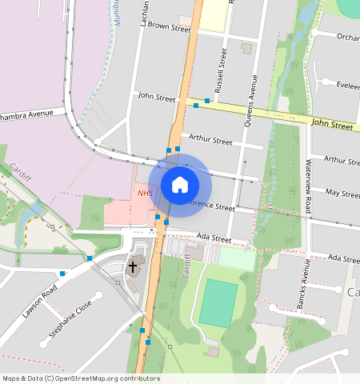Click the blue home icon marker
pyautogui.click(x=180, y=185)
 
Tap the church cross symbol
pyautogui.click(x=133, y=266)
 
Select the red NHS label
pyautogui.click(x=145, y=194)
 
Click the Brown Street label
pyautogui.click(x=169, y=26)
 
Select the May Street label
pyautogui.click(x=342, y=194)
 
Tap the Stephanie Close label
pyautogui.click(x=75, y=315)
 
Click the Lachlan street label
pyautogui.click(x=144, y=14)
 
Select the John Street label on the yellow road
pyautogui.click(x=332, y=125)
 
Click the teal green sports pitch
pyautogui.click(x=218, y=302)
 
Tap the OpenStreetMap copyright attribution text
pyautogui.click(x=81, y=378)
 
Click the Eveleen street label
pyautogui.click(x=348, y=84)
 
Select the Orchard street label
pyautogui.click(x=348, y=37)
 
